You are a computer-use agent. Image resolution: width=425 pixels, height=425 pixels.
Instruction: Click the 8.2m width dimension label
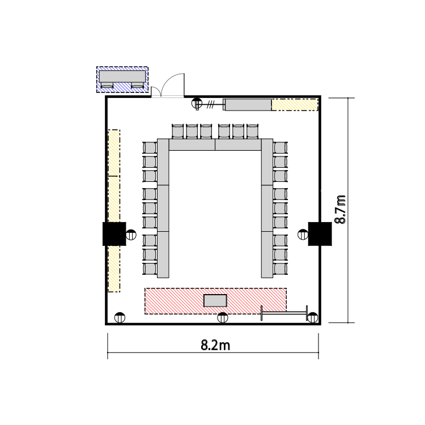coord(215,346)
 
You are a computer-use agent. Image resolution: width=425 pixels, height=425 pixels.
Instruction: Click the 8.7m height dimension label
coord(341,209)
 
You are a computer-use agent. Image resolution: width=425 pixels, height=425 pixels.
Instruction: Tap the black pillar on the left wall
coord(114,234)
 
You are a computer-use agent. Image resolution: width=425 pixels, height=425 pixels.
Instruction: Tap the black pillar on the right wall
coord(320,234)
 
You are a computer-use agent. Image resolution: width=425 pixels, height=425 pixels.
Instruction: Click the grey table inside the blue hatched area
coord(122,76)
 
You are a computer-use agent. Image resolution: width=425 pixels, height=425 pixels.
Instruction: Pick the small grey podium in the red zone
coord(215,300)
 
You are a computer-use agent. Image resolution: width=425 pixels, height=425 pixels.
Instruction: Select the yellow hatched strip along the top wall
coord(295,105)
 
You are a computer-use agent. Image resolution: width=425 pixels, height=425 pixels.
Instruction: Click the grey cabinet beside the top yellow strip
coord(248,105)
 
